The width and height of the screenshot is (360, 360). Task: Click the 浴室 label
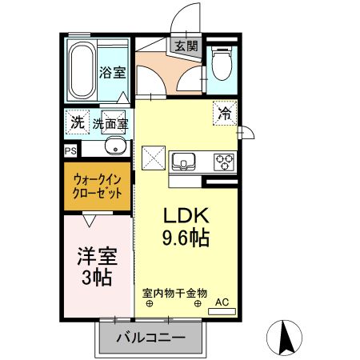(112, 73)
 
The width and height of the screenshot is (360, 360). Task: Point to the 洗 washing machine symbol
(76, 123)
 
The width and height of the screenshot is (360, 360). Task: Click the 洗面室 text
(110, 124)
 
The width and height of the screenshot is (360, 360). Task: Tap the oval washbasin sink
(114, 147)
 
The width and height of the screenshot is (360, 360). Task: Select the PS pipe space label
(70, 149)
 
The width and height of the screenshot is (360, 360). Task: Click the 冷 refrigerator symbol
(225, 114)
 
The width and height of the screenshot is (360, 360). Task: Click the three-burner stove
(225, 162)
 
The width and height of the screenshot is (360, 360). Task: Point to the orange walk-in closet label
(98, 186)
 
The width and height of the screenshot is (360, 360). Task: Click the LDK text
(186, 216)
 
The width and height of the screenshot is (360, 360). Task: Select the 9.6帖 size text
(186, 238)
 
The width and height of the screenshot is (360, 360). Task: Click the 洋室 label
(97, 257)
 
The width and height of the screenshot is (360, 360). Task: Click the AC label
(222, 302)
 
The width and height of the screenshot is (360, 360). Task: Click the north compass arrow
(285, 338)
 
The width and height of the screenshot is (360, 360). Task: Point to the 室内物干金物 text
(174, 293)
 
